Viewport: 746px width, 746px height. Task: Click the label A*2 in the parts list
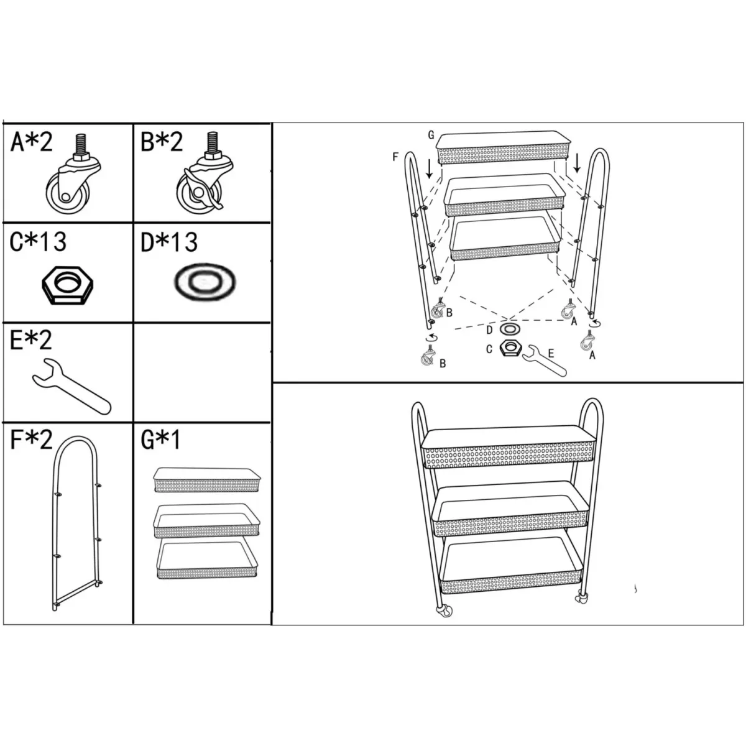tap(31, 142)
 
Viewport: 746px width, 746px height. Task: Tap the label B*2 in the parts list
tap(162, 142)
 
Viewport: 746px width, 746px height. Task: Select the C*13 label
tap(38, 242)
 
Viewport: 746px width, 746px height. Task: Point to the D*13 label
tap(169, 242)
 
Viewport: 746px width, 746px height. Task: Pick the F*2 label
tap(31, 440)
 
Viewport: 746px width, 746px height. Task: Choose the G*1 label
tap(160, 440)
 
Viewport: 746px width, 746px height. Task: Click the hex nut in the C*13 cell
tap(67, 285)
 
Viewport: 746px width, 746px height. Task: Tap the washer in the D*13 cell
tap(205, 282)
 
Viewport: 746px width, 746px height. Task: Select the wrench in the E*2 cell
tap(71, 387)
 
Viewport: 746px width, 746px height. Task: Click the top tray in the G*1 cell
tap(207, 480)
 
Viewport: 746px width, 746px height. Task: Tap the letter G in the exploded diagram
tap(431, 135)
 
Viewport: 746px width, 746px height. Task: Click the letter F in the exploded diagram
tap(395, 157)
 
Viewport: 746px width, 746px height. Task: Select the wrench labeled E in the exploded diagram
tap(545, 361)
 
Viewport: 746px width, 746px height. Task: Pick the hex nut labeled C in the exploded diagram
tap(510, 348)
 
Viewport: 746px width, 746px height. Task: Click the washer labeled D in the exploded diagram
tap(510, 329)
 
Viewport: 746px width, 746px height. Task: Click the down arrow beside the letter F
tap(429, 170)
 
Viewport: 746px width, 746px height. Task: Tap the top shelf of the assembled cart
tap(509, 447)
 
